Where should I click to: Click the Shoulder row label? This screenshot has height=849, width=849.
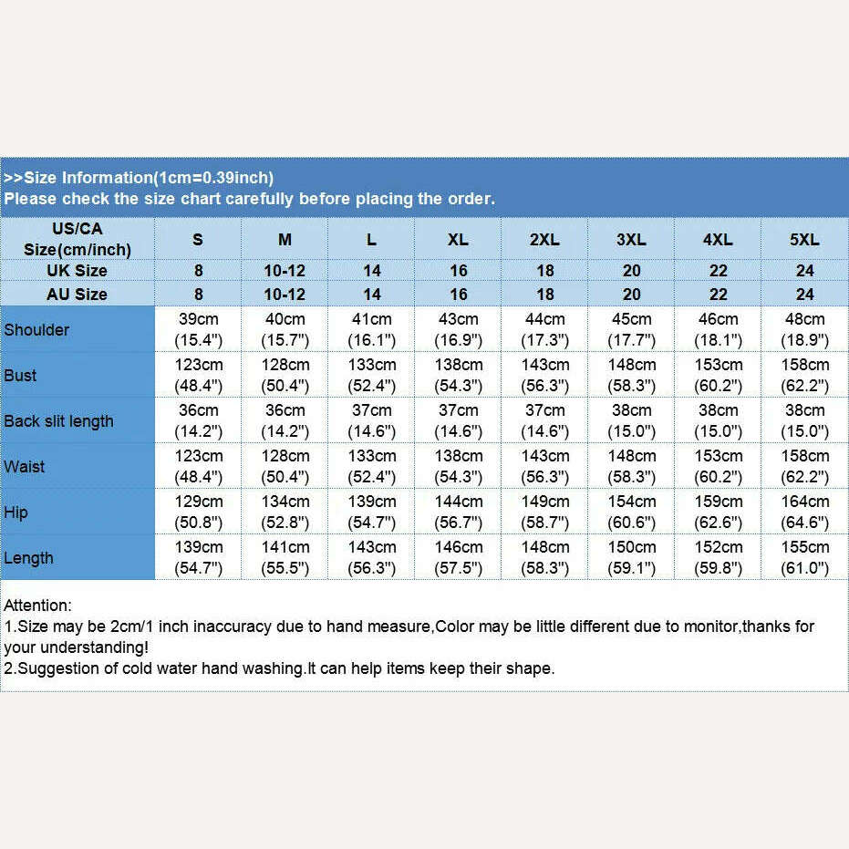[x=36, y=330]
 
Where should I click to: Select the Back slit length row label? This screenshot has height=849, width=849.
[x=58, y=421]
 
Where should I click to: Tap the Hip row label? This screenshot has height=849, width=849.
[x=16, y=513]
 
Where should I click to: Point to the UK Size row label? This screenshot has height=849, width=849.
[x=78, y=271]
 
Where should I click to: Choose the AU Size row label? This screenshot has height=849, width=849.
[x=78, y=295]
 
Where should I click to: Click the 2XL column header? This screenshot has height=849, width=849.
[x=544, y=240]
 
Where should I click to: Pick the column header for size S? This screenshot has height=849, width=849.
[x=198, y=240]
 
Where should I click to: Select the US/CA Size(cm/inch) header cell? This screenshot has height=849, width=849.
[x=78, y=239]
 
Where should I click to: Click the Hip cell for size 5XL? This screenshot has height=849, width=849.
[x=804, y=512]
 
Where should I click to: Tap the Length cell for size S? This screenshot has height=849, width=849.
[x=198, y=557]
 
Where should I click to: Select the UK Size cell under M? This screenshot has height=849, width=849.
[x=285, y=271]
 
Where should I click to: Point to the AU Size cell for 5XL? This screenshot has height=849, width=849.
[x=804, y=295]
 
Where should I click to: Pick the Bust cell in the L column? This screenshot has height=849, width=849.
[x=371, y=375]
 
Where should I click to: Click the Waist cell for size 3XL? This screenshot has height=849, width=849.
[x=631, y=466]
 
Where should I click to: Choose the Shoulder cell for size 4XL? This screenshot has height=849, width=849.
[x=718, y=329]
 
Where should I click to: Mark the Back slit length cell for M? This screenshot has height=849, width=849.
[x=285, y=420]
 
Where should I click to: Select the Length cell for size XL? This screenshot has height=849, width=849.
[x=458, y=557]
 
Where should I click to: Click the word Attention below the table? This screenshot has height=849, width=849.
[x=37, y=605]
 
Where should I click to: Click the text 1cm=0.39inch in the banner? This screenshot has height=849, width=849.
[x=213, y=178]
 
